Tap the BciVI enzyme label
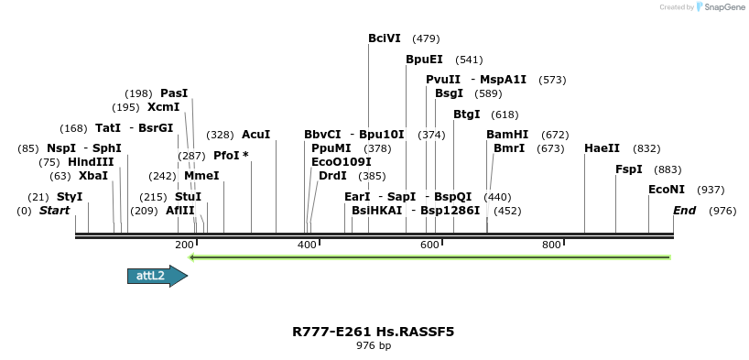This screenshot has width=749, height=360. (385, 38)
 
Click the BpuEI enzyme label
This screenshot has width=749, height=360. (424, 60)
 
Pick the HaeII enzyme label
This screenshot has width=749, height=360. (602, 148)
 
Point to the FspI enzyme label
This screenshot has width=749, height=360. (629, 169)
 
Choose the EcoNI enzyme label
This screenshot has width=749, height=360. (666, 190)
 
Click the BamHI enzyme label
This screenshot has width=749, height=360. (507, 135)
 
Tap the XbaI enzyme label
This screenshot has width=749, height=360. (92, 176)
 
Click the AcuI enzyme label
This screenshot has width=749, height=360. (255, 135)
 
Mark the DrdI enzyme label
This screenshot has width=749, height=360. (332, 176)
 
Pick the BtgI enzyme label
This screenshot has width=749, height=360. (466, 115)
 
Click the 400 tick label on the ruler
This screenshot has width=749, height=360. (307, 245)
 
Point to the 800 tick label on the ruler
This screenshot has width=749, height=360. (551, 245)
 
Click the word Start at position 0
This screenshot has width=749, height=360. (54, 211)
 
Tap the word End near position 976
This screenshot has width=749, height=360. (684, 211)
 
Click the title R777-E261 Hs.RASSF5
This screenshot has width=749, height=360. (374, 332)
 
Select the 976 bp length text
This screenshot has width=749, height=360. (374, 346)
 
